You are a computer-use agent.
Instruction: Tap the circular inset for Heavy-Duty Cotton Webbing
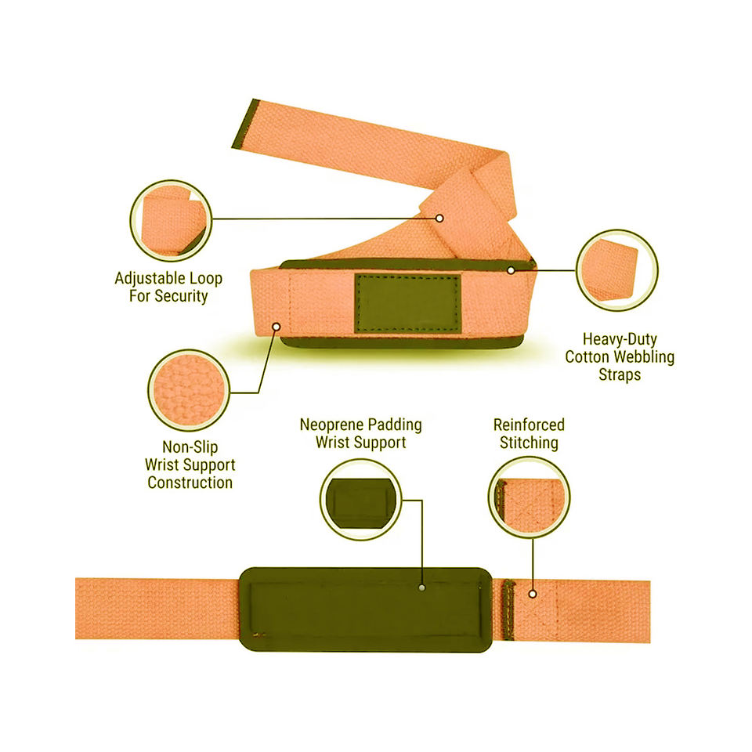click(616, 270)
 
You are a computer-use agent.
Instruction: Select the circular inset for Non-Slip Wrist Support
click(188, 389)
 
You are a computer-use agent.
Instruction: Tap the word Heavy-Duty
click(620, 340)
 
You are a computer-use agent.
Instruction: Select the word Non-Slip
click(190, 447)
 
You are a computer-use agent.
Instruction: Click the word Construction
click(190, 483)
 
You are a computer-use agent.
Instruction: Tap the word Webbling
click(643, 357)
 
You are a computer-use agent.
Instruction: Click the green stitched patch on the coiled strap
click(407, 302)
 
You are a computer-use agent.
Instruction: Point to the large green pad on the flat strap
click(365, 609)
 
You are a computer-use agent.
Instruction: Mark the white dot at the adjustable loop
click(439, 218)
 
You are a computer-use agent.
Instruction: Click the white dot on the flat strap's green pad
click(422, 587)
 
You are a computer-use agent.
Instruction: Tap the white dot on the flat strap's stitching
click(533, 594)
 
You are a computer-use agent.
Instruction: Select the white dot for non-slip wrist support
click(276, 326)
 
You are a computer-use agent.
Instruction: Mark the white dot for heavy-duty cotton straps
click(510, 270)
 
